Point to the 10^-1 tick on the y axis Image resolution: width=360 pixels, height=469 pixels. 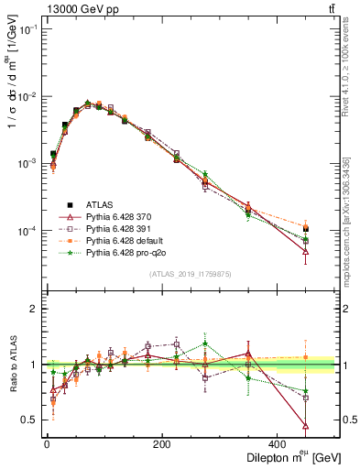tap(27, 30)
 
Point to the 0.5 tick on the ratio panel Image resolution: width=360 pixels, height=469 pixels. tap(30, 420)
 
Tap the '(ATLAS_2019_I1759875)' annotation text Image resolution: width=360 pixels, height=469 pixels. tap(191, 274)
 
